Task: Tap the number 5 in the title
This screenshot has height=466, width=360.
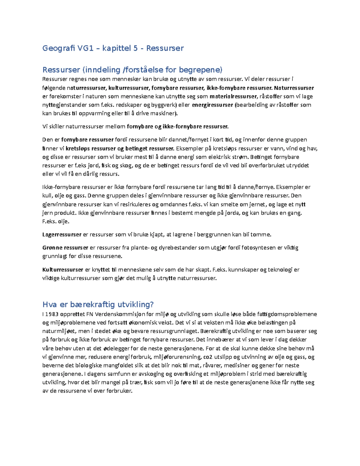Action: coord(136,48)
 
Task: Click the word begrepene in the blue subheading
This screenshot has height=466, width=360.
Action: coord(201,70)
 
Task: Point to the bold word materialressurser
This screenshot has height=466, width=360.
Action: coord(233,97)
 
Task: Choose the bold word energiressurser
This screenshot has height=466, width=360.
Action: coord(212,105)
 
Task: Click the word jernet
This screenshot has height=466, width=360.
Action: coord(256,204)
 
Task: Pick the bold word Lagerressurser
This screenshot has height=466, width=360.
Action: coord(62,235)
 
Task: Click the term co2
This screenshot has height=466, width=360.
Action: coord(208,357)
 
